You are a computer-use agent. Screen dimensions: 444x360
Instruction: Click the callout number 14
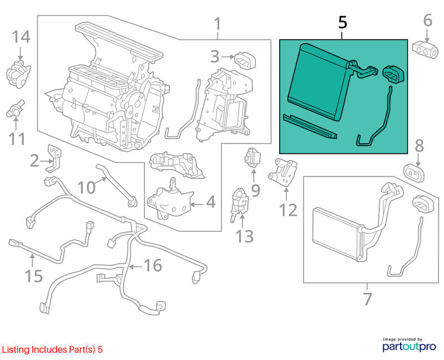(21, 37)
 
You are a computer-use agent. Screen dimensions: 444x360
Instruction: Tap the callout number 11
(17, 139)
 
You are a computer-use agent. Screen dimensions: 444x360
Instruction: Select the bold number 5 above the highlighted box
(342, 22)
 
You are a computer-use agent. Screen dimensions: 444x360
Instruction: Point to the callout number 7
(367, 298)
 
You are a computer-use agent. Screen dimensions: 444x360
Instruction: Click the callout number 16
(153, 266)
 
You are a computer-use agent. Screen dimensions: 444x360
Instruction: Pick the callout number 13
(245, 236)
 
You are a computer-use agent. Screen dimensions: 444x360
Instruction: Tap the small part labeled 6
(425, 50)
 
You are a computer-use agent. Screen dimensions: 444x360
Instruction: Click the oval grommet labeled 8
(413, 173)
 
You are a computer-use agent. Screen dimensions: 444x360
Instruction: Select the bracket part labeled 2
(54, 158)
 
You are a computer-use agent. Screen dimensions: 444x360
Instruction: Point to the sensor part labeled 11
(16, 108)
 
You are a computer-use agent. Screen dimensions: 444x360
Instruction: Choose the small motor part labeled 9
(252, 158)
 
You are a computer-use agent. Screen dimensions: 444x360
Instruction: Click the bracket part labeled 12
(282, 172)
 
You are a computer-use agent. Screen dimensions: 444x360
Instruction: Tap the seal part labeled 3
(245, 61)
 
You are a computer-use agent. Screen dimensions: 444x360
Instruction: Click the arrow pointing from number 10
(101, 181)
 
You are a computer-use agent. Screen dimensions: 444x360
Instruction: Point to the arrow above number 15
(33, 261)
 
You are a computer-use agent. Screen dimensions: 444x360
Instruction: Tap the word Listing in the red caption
(16, 350)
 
